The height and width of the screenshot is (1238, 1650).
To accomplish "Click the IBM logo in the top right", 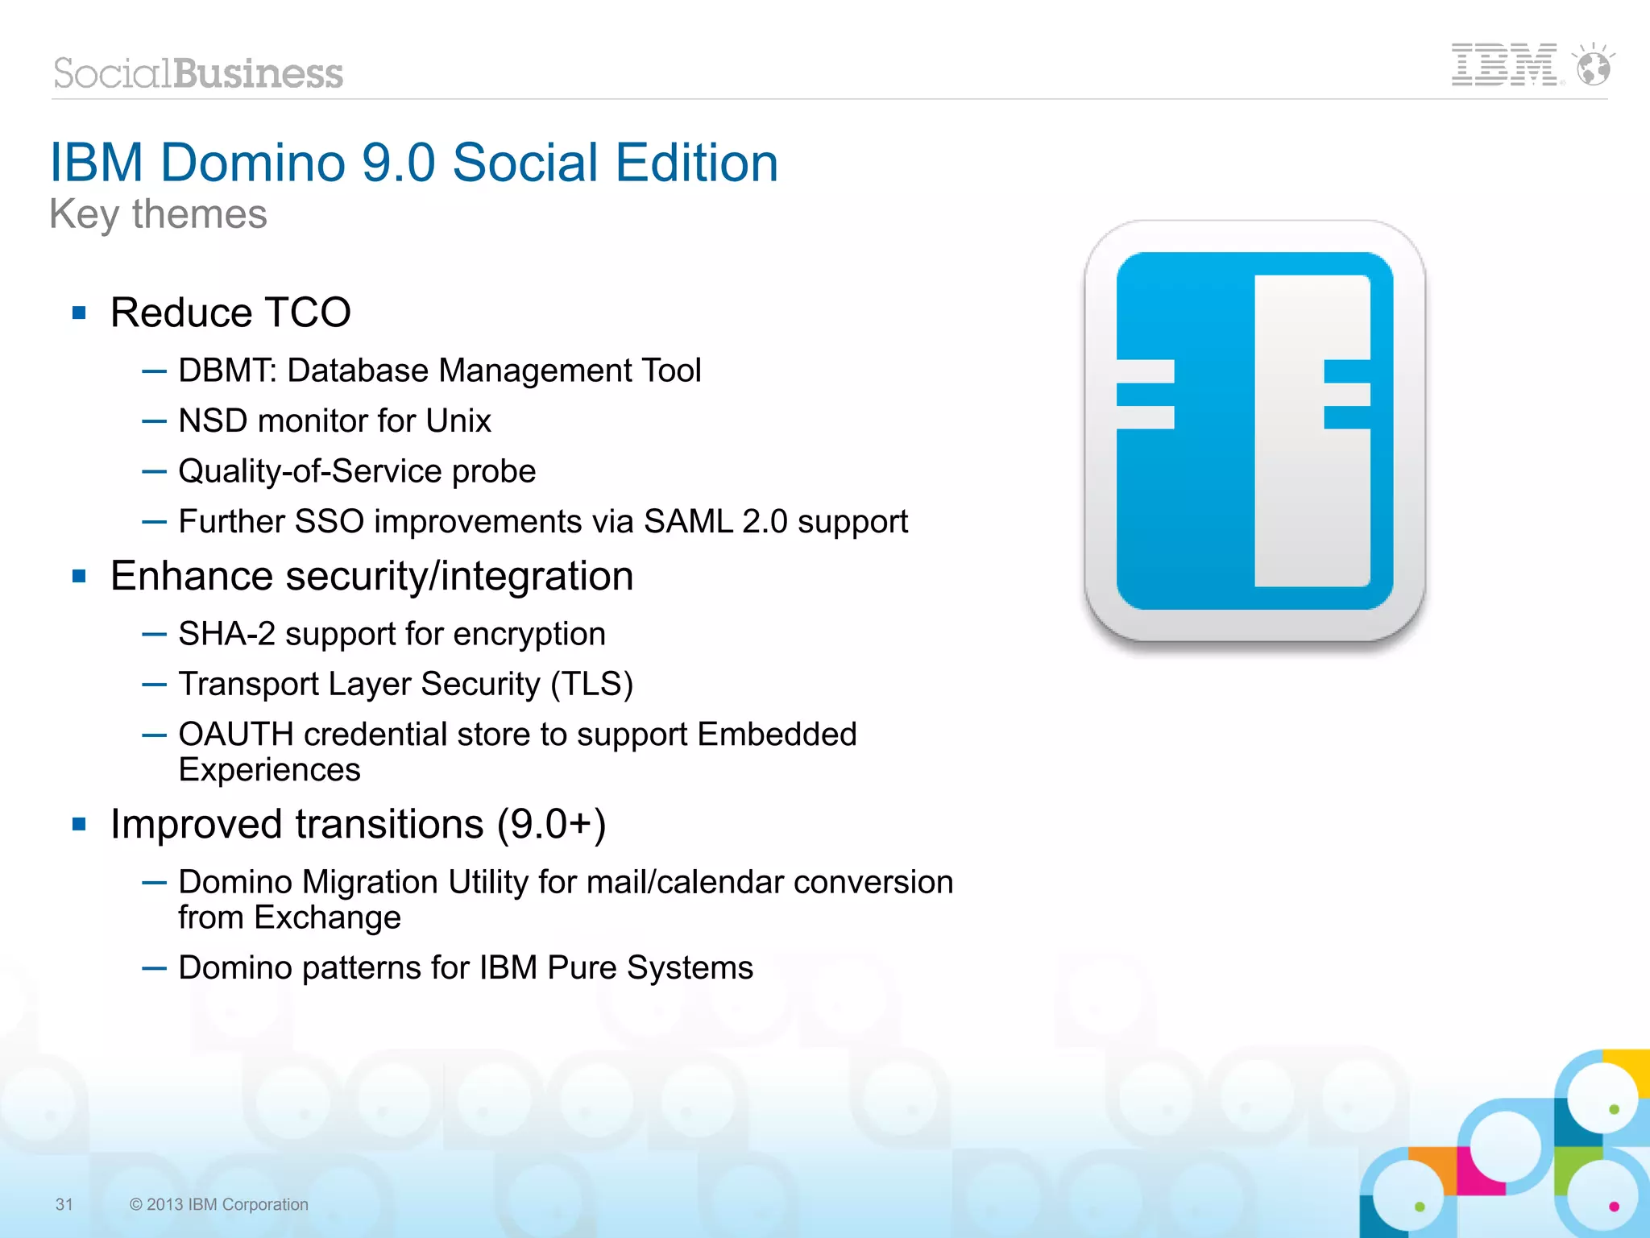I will (1503, 65).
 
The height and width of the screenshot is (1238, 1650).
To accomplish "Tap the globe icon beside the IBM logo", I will (1594, 67).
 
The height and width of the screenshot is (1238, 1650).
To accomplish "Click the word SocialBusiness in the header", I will (198, 73).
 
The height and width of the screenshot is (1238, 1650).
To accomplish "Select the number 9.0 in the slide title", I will (398, 163).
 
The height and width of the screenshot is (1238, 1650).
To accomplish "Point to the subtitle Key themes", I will (158, 214).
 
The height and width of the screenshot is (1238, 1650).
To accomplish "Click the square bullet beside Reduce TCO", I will (79, 313).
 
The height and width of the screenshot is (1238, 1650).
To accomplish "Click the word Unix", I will (458, 420).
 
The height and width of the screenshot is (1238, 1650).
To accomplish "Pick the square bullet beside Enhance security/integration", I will (79, 576).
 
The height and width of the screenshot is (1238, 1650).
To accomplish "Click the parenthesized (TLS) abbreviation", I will (592, 684).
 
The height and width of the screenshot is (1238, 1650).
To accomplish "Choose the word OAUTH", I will (235, 735).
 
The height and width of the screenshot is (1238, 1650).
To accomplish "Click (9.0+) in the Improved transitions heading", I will (551, 824).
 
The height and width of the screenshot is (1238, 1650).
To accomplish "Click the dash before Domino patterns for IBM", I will (154, 968).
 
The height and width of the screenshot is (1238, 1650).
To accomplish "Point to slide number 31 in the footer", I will (64, 1204).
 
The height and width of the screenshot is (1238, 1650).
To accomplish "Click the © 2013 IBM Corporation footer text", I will (219, 1204).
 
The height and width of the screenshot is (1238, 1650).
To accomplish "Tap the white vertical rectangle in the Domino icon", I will (1312, 431).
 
